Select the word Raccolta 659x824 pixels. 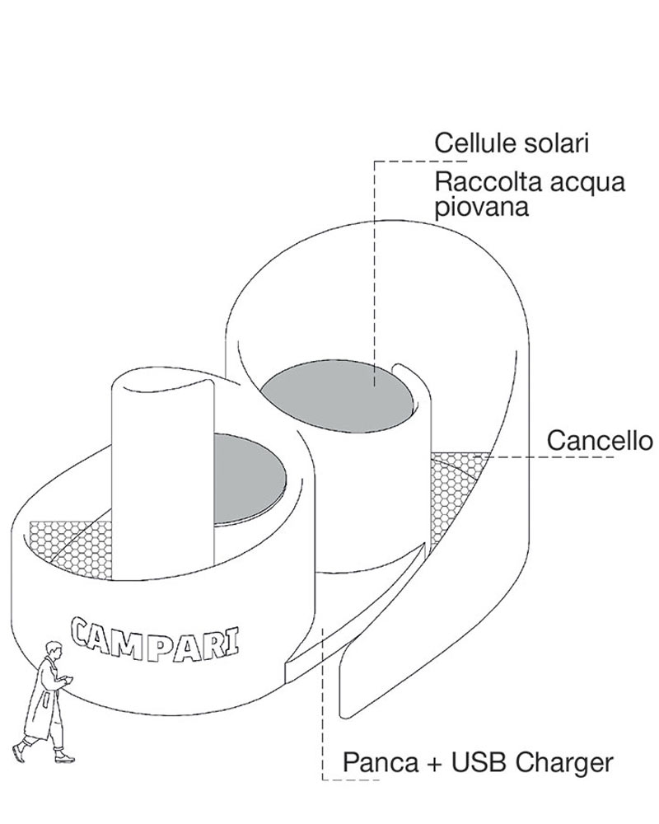[x=480, y=182]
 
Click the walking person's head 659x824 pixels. [x=54, y=650]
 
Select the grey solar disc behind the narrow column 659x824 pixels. [x=250, y=480]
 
